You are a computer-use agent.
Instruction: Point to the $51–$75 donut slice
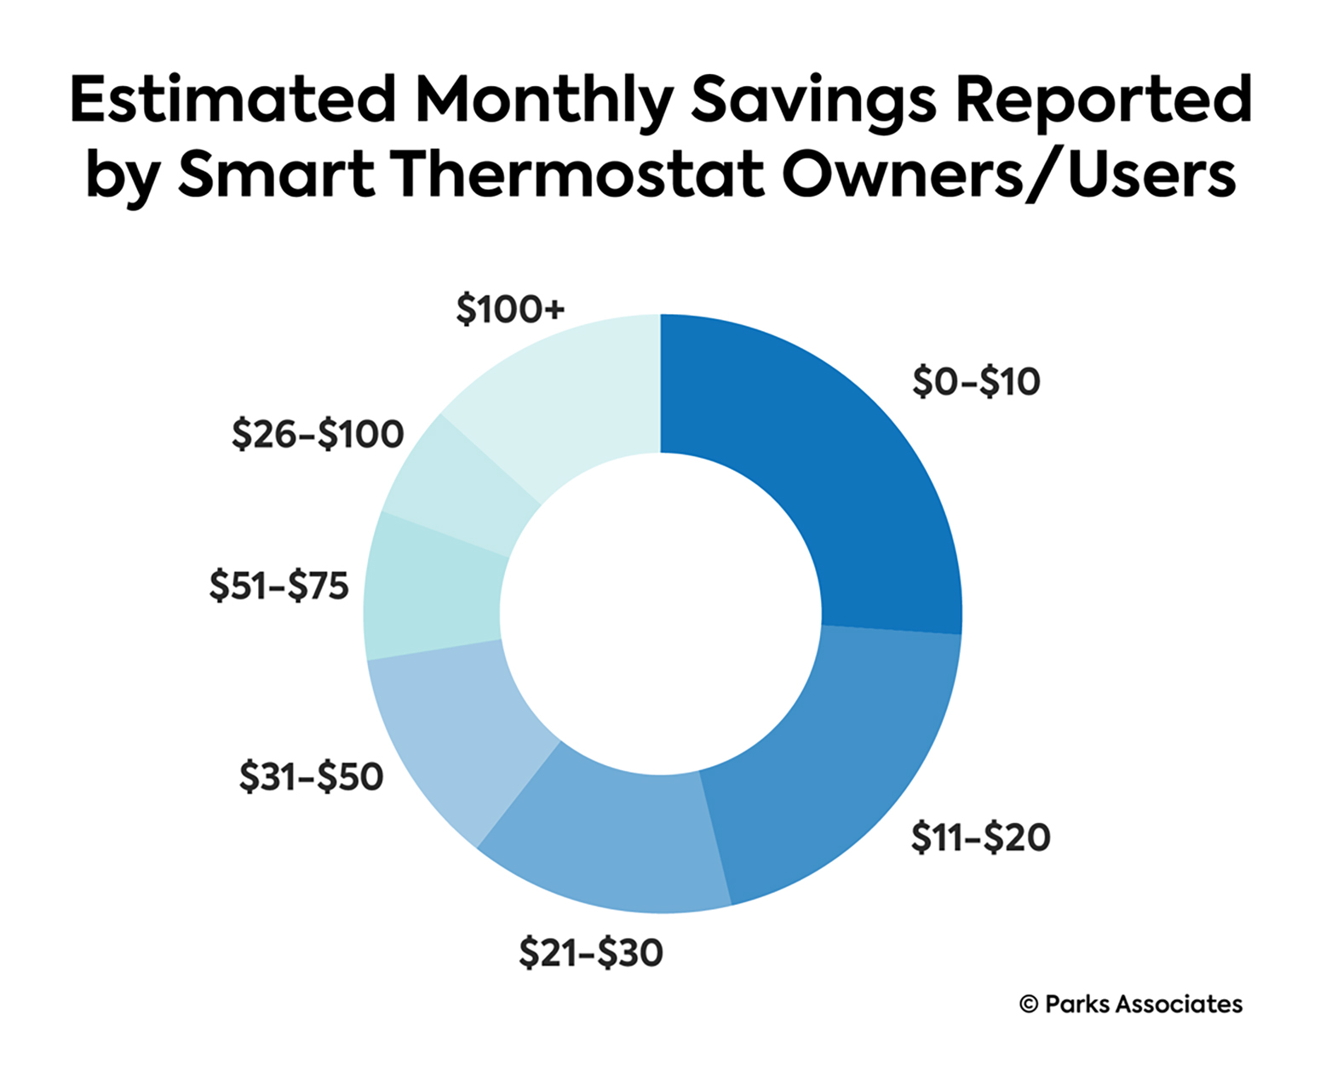pyautogui.click(x=434, y=587)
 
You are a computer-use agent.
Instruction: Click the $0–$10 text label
pyautogui.click(x=976, y=382)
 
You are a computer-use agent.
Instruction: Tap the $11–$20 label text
pyautogui.click(x=980, y=838)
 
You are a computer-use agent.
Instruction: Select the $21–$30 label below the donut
pyautogui.click(x=591, y=952)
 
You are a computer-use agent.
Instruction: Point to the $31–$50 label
pyautogui.click(x=311, y=777)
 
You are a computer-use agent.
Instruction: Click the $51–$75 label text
pyautogui.click(x=279, y=586)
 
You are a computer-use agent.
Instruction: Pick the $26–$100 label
pyautogui.click(x=318, y=435)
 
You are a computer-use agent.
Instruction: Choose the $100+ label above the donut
pyautogui.click(x=510, y=310)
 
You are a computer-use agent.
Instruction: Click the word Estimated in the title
pyautogui.click(x=232, y=100)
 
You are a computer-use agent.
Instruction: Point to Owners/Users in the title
pyautogui.click(x=1009, y=174)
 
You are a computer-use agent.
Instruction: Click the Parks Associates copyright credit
pyautogui.click(x=1131, y=1004)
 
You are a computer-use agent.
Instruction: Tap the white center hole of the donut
pyautogui.click(x=661, y=614)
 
